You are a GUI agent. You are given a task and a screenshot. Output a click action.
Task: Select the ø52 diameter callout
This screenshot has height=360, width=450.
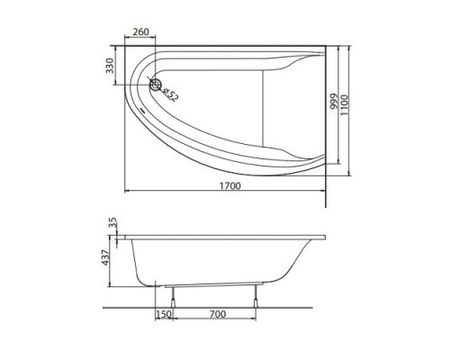pos(170,94)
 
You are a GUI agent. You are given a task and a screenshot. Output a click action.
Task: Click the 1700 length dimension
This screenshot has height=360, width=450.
pos(229,185)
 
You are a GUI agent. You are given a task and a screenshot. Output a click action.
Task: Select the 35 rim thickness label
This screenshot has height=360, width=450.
pos(112,224)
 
